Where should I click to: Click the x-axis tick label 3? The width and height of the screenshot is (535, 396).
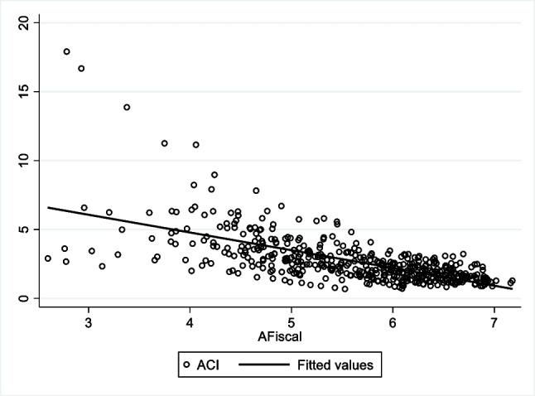click(x=89, y=323)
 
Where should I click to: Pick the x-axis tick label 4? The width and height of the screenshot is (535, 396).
click(x=190, y=323)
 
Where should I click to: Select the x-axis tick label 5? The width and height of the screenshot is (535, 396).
click(x=292, y=323)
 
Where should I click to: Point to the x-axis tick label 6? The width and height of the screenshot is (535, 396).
click(x=393, y=323)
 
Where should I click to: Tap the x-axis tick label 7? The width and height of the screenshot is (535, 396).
click(x=494, y=323)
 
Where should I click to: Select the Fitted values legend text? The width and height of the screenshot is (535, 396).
click(x=329, y=363)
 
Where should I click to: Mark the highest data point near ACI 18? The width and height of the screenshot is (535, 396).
click(x=66, y=51)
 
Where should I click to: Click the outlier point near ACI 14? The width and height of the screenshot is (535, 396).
click(x=127, y=107)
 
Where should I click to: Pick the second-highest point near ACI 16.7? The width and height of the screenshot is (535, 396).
click(x=81, y=69)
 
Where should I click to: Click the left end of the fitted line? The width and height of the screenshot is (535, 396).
click(x=48, y=207)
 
